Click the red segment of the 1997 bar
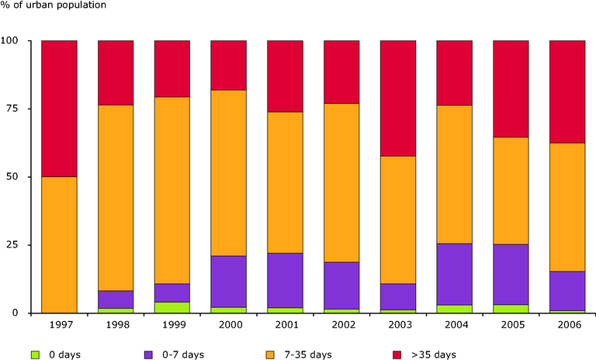click(59, 109)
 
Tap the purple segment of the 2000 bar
click(228, 282)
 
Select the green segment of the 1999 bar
click(172, 307)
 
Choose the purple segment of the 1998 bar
click(116, 299)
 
